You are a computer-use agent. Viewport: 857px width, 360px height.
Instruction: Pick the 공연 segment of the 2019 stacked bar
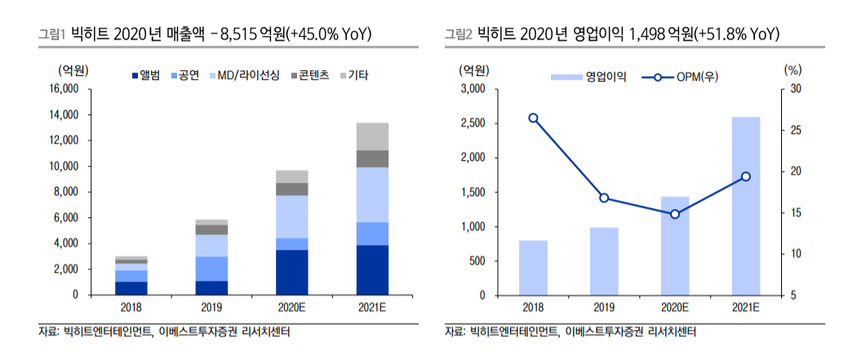pos(211,269)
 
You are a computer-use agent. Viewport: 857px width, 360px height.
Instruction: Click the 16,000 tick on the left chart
pos(63,89)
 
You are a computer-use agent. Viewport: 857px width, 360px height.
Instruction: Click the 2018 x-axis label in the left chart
pos(131,307)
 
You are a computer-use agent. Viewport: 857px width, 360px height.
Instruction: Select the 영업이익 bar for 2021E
pos(746,206)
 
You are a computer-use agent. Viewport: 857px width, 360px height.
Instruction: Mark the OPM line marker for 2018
pos(533,118)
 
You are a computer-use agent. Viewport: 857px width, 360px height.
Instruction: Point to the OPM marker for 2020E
pos(675,214)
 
